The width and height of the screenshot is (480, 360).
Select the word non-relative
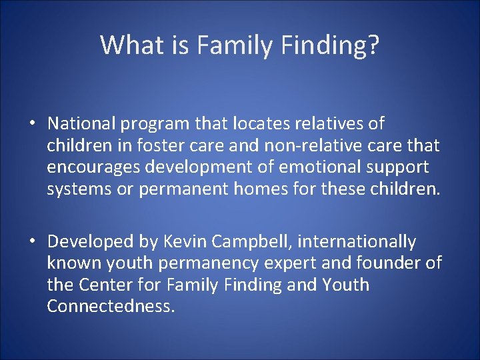point(305,145)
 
